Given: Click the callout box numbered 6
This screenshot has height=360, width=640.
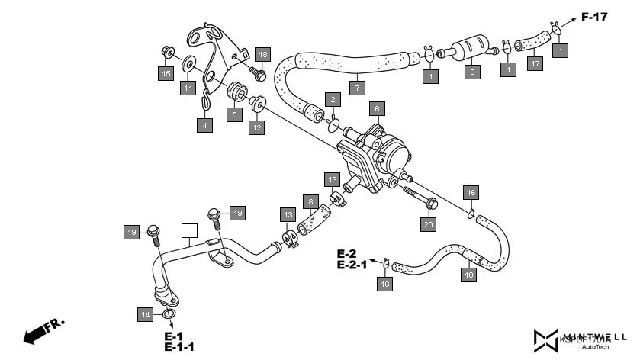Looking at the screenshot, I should pos(376,108).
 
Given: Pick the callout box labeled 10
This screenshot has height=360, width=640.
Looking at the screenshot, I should pos(469,275).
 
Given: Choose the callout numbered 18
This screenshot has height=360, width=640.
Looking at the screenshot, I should pos(262,54).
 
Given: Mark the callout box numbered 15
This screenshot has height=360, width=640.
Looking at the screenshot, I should pos(165,73).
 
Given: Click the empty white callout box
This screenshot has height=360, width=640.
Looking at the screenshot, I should pos(189,230).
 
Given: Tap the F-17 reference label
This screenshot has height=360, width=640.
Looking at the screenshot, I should pos(594,17).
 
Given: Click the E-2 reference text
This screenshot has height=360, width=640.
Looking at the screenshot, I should pos(347,254).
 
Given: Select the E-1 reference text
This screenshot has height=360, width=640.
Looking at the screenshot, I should pos(173,336).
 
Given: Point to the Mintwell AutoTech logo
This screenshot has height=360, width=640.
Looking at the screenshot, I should pos(581,339).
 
